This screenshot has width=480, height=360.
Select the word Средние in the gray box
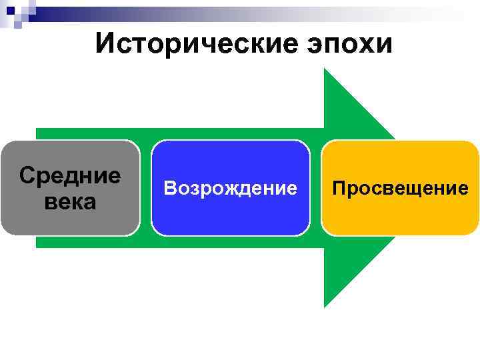[x=70, y=176]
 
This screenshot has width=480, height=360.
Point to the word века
[x=70, y=201]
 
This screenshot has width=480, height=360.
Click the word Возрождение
[x=231, y=189]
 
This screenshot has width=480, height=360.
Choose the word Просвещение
[x=400, y=189]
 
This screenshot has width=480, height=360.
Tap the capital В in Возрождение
[x=169, y=189]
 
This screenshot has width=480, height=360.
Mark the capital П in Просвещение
[x=339, y=188]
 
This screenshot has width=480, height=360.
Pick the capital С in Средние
[x=27, y=176]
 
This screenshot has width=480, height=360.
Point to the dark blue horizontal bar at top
[x=133, y=9]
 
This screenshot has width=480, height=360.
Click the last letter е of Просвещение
[x=463, y=189]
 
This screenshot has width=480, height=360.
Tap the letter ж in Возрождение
[x=227, y=189]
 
